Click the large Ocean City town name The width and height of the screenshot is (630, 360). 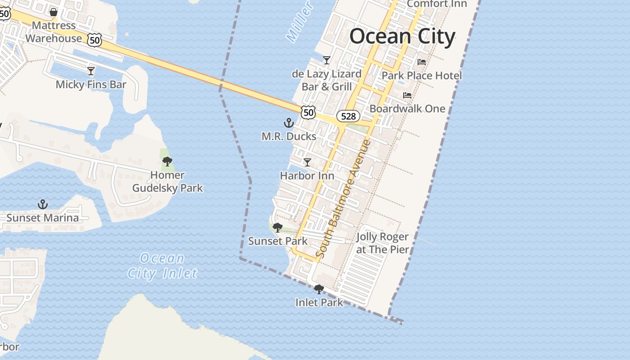(x=402, y=36)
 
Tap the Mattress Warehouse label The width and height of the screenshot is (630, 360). (x=54, y=32)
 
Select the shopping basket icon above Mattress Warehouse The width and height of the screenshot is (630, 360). (x=54, y=12)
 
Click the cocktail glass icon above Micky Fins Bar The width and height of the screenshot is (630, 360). (x=91, y=71)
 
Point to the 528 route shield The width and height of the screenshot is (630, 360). (x=348, y=116)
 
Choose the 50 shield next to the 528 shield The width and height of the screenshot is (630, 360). (x=308, y=112)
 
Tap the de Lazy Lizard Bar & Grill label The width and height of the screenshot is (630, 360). (x=327, y=80)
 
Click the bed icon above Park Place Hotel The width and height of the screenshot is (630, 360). (x=422, y=62)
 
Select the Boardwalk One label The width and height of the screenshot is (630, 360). (x=407, y=108)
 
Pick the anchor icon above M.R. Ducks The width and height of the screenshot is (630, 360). (x=288, y=122)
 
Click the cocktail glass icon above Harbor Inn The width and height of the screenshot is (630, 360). (x=307, y=162)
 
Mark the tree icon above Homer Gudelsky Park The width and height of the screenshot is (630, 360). (x=167, y=161)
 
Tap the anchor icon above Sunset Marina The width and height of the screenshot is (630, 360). (x=42, y=204)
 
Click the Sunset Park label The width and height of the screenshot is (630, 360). (x=278, y=241)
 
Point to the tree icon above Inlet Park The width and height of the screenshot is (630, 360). (x=319, y=289)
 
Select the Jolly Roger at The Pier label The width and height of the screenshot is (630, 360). (x=382, y=243)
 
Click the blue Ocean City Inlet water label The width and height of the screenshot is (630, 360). (x=162, y=265)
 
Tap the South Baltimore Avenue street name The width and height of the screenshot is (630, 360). (x=343, y=199)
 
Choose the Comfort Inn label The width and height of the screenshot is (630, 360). (x=436, y=4)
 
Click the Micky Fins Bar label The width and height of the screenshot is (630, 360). (x=91, y=85)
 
